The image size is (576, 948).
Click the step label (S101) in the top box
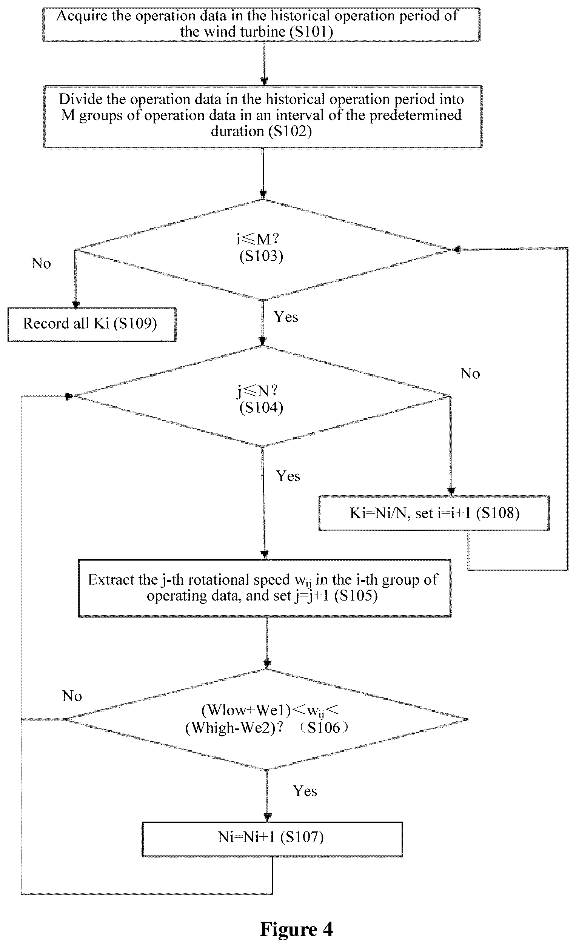(311, 32)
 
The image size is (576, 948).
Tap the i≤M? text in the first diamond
(257, 239)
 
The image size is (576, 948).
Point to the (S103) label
(261, 256)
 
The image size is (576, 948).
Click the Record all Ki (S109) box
(92, 324)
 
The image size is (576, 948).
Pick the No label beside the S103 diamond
(41, 264)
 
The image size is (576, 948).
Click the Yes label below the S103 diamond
(286, 317)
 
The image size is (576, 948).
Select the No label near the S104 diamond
(470, 373)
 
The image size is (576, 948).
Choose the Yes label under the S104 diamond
(288, 476)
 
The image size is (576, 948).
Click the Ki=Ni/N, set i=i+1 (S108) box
(434, 513)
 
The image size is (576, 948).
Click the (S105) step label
(356, 596)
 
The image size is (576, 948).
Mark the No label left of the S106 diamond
(72, 696)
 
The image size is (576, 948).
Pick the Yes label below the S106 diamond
(305, 791)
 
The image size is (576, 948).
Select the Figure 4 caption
(296, 929)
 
